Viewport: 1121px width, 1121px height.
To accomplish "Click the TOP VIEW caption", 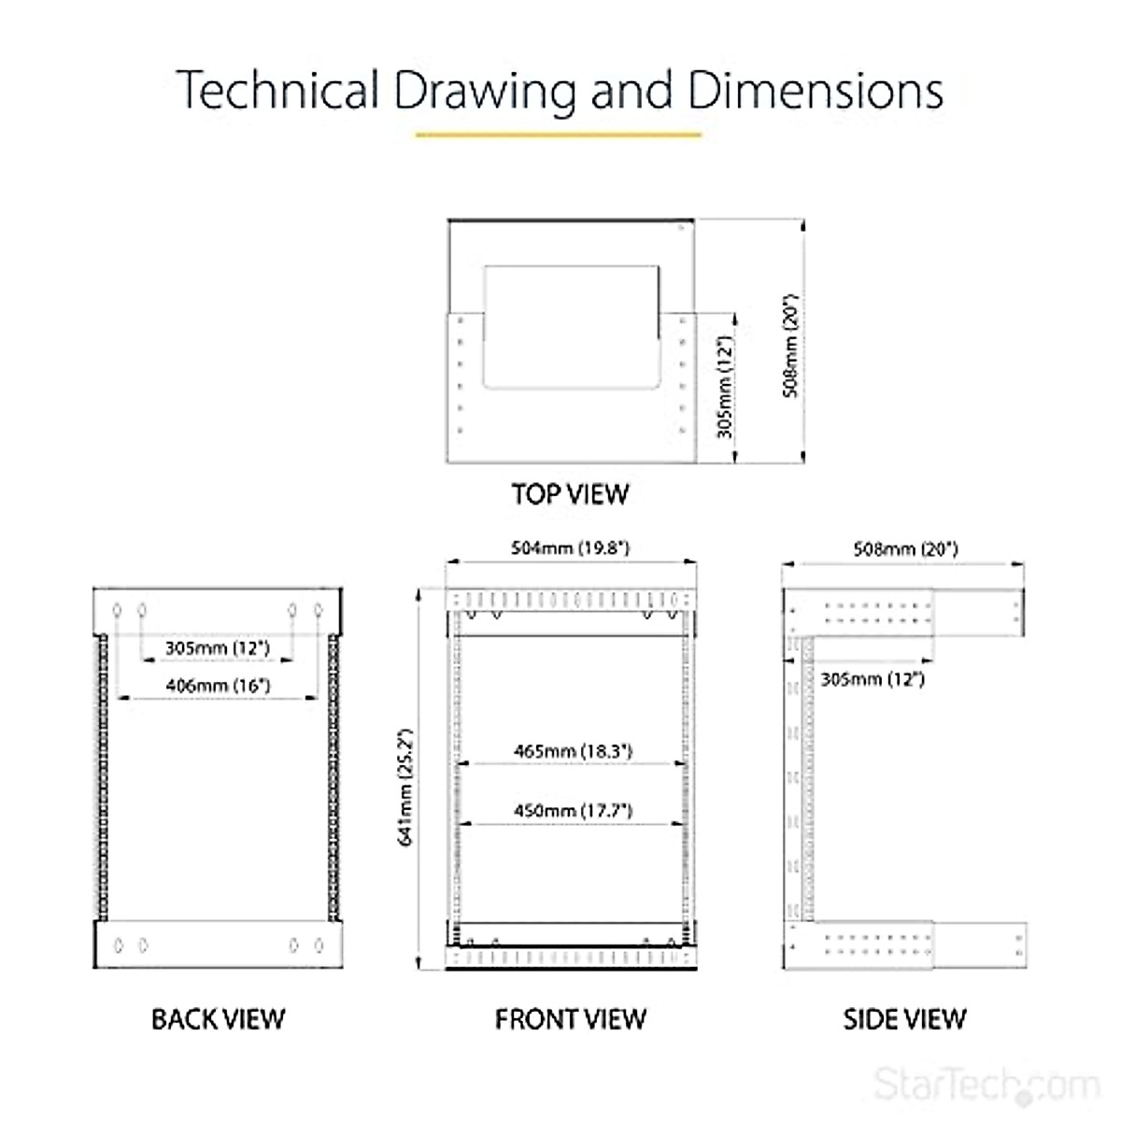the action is pyautogui.click(x=570, y=493).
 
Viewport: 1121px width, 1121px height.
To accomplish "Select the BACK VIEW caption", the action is pyautogui.click(x=218, y=1018).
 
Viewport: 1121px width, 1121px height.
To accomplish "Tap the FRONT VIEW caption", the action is pyautogui.click(x=570, y=1018).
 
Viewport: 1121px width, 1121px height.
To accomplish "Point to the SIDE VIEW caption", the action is pyautogui.click(x=904, y=1018).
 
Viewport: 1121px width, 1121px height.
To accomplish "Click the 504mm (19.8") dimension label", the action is pyautogui.click(x=570, y=547).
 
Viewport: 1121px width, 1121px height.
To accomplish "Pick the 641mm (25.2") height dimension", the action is pyautogui.click(x=405, y=788).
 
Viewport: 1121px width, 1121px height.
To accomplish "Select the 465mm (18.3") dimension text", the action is pyautogui.click(x=573, y=750).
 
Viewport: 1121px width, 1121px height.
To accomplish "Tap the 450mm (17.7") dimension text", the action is pyautogui.click(x=573, y=810).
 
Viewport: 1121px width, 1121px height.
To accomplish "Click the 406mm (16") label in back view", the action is pyautogui.click(x=218, y=685).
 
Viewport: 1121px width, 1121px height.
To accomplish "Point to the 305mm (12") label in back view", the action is pyautogui.click(x=217, y=647).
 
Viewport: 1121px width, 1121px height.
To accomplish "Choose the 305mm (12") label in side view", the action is pyautogui.click(x=873, y=679).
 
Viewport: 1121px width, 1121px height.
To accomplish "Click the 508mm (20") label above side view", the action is pyautogui.click(x=905, y=549).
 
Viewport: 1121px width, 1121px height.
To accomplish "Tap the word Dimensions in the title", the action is pyautogui.click(x=816, y=91).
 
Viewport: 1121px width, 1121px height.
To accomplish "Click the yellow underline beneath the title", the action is pyautogui.click(x=558, y=135).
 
